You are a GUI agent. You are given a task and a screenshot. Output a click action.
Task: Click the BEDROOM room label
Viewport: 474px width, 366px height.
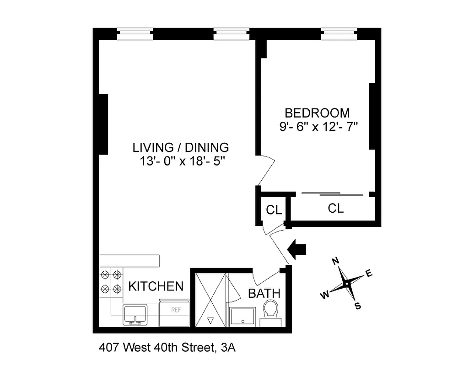pos(317,113)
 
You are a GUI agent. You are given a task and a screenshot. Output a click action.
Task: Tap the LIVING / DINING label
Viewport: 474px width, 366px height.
pos(180,147)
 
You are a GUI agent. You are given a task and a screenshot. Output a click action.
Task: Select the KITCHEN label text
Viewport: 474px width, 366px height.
pos(156,286)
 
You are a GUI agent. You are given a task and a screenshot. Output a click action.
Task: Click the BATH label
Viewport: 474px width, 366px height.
pos(264,293)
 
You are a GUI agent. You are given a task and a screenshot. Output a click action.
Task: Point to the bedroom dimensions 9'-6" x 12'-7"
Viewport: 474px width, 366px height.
pos(318,127)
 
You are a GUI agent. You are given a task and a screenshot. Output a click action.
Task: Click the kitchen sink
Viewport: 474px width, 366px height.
pos(135,314)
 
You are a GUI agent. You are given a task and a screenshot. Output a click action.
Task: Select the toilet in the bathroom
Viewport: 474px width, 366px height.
pos(271,311)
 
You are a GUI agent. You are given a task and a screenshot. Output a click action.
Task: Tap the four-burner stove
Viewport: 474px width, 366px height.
pos(111,282)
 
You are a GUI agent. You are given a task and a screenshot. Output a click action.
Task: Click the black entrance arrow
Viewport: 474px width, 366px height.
pos(297,250)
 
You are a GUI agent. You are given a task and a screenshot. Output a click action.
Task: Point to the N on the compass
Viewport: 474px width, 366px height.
pos(335,261)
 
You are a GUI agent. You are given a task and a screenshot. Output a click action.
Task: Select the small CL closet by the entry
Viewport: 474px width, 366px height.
pos(274,210)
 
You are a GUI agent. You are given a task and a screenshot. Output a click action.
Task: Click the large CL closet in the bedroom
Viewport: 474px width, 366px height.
pos(335,209)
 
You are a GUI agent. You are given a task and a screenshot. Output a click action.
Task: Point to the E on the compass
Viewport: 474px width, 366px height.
pos(369,274)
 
